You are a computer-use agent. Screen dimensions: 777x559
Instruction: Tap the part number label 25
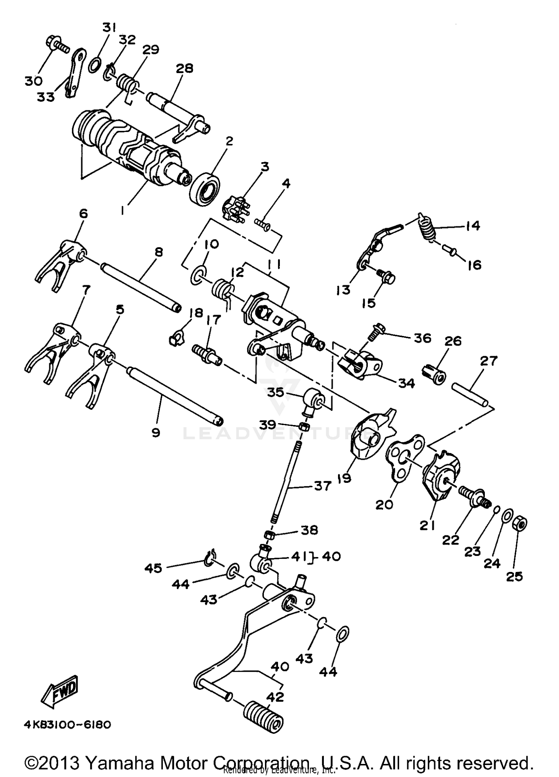click(514, 576)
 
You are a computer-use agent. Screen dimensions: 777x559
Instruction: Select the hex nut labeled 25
click(521, 524)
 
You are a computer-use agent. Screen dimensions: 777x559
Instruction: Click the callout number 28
click(184, 68)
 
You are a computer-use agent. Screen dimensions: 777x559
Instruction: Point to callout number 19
click(344, 478)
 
